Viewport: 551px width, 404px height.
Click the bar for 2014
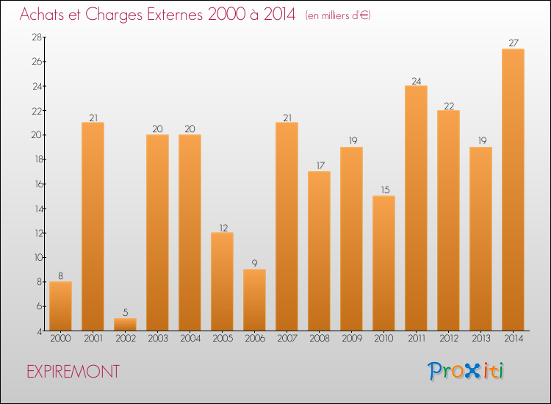[x=513, y=190]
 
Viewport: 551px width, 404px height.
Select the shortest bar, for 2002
[x=125, y=324]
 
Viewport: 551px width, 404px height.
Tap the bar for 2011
[x=416, y=208]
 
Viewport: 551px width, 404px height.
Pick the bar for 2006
[x=254, y=300]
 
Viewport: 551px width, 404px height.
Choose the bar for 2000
[x=60, y=306]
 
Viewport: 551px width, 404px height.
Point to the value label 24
[x=416, y=80]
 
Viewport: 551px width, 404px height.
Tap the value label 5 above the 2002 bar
[x=125, y=312]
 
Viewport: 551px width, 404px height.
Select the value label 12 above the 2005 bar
[x=222, y=227]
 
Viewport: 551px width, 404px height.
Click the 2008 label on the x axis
[x=319, y=339]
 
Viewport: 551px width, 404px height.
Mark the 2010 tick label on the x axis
[x=383, y=339]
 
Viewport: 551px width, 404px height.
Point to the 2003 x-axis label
[x=157, y=339]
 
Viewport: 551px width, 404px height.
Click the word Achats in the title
[x=44, y=15]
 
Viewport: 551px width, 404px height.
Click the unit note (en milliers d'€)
[x=338, y=15]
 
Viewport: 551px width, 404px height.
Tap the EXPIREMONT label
[x=73, y=372]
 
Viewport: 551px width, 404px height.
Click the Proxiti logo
[x=467, y=371]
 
